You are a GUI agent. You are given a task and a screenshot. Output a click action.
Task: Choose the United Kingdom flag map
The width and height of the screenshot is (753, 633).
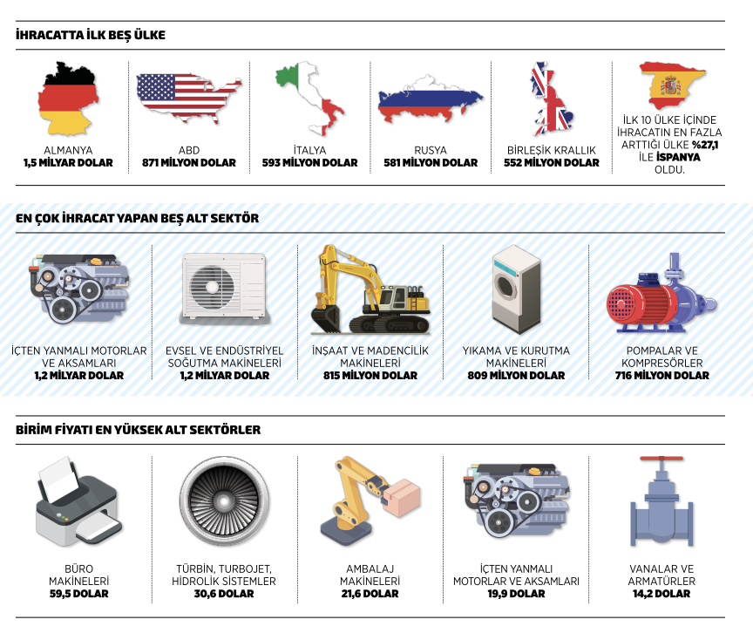552,99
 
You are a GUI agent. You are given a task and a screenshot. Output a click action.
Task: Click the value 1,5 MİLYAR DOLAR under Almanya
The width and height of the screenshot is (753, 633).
67,163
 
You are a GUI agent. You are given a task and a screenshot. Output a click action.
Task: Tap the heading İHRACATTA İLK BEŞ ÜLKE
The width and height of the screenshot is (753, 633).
91,36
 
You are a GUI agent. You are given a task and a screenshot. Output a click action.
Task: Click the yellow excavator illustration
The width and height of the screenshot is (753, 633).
369,289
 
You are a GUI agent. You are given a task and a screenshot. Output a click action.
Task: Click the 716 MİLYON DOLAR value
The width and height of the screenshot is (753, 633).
661,376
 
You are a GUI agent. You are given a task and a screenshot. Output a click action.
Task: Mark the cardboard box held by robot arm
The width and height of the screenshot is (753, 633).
404,495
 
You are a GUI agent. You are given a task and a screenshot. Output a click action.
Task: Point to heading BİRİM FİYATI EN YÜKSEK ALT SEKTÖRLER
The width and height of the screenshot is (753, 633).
138,430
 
